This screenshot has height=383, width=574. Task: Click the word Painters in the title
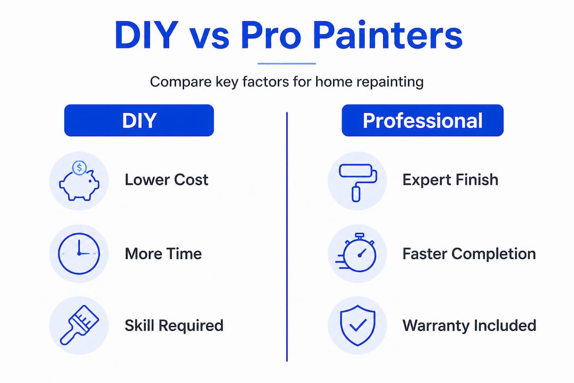coord(387,35)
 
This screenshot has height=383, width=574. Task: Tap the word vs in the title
coord(209,38)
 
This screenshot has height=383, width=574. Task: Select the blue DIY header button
coord(139,120)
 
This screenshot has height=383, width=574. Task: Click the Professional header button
coord(423,120)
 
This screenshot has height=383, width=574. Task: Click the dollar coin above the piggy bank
coord(79,168)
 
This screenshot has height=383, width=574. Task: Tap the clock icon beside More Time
coord(79,253)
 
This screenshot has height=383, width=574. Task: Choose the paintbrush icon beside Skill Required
coord(79,325)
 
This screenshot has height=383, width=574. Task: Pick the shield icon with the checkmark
coord(357,325)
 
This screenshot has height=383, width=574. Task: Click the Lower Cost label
coord(166,180)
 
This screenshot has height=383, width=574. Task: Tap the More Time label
coord(163,254)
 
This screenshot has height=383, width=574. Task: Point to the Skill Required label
coord(174,326)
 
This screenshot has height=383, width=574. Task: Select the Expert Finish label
coord(450,180)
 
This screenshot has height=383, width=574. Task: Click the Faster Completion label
coord(469,254)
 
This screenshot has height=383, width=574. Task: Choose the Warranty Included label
coord(469,326)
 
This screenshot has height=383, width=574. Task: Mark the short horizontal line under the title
coord(286,63)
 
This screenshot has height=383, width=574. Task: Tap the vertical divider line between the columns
coord(286,237)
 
